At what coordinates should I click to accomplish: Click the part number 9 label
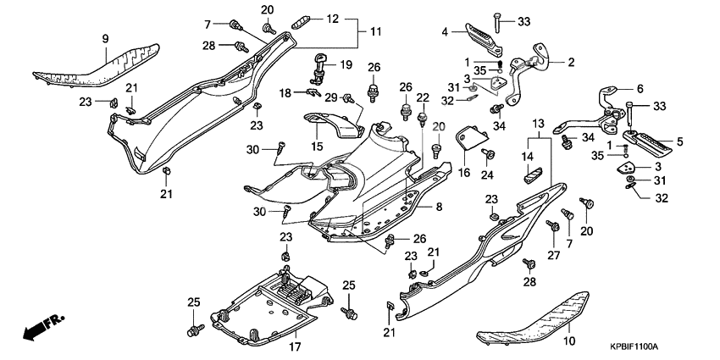[106, 38]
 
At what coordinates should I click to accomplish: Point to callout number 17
[295, 347]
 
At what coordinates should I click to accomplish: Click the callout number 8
[439, 206]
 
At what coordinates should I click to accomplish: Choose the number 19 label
[346, 65]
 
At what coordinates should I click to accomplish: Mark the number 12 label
[331, 18]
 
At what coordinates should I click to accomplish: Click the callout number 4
[444, 32]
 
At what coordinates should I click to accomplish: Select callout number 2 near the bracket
[570, 62]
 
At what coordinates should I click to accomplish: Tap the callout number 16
[463, 172]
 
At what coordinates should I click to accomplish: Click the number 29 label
[331, 98]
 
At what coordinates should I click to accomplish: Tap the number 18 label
[285, 91]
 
